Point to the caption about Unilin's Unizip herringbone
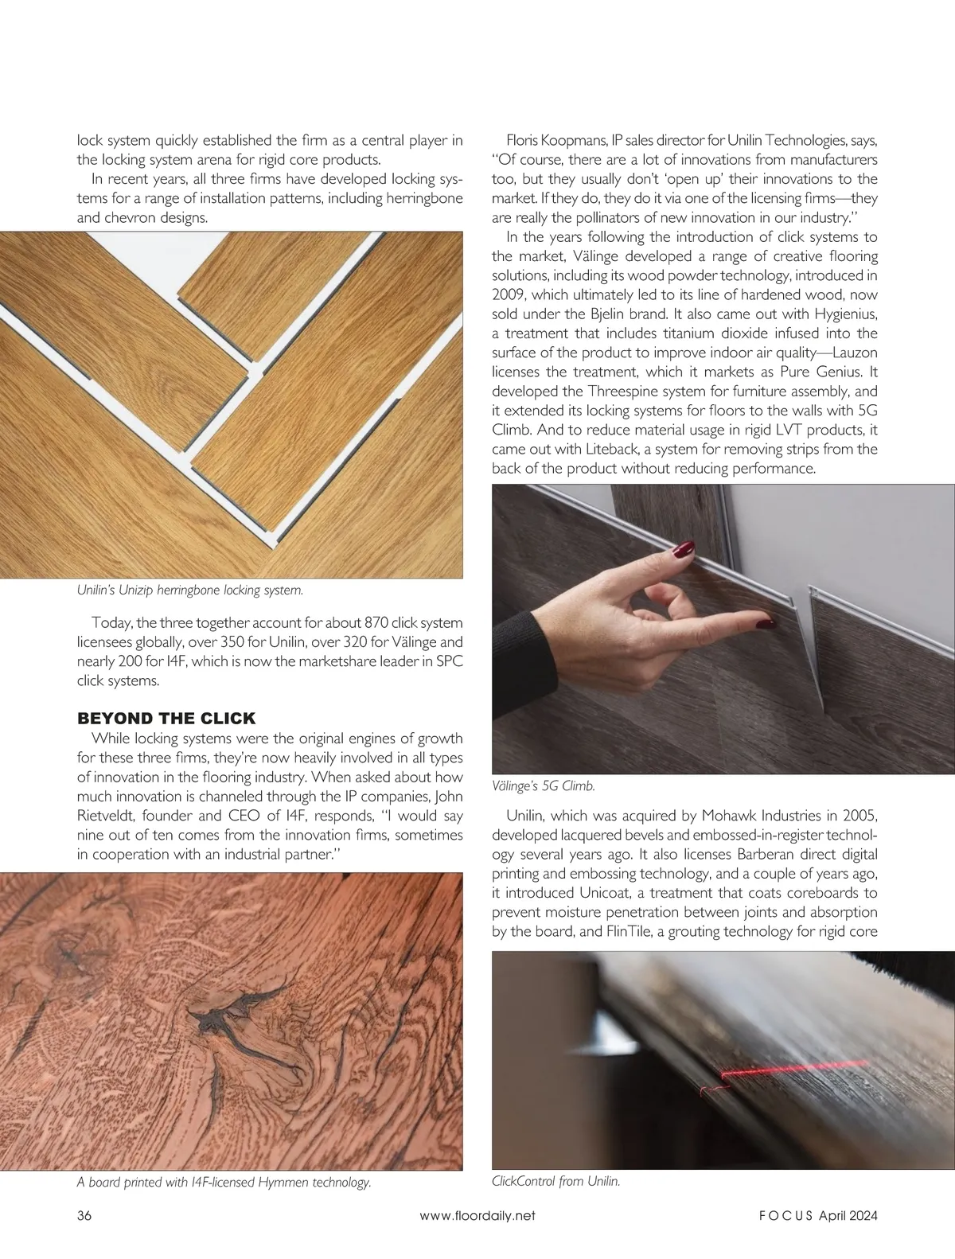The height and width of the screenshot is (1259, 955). tap(189, 591)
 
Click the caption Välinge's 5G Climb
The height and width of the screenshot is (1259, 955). tap(544, 786)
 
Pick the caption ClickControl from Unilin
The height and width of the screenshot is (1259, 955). tap(555, 1181)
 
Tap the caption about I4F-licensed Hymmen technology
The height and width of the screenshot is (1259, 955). tap(224, 1183)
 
